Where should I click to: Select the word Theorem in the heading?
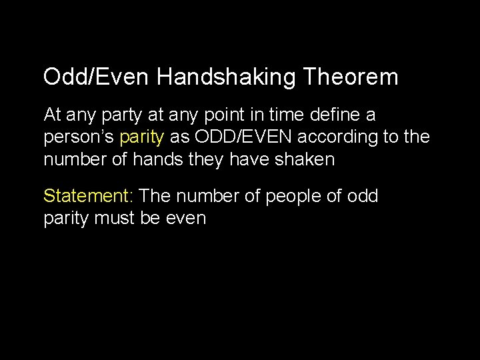click(351, 77)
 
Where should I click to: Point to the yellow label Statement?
click(89, 196)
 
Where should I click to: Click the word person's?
click(79, 138)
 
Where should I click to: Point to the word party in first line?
click(119, 115)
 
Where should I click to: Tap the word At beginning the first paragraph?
click(53, 115)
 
